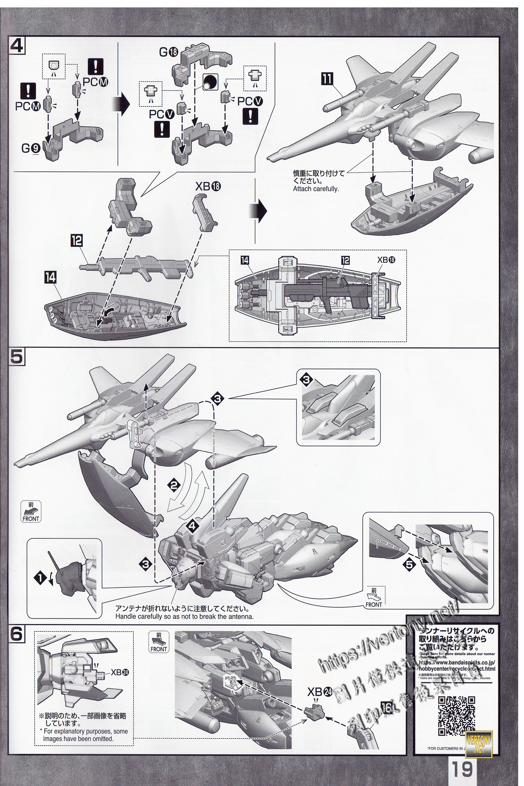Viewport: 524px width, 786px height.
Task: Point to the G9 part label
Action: coord(31,148)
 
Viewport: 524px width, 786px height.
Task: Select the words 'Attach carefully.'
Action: coord(316,189)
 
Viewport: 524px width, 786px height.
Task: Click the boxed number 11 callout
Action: coord(327,79)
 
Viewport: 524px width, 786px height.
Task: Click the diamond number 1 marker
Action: coord(40,578)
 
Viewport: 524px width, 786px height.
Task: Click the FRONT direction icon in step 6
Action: coord(159,642)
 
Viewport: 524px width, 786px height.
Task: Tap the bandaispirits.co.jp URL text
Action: coord(457,666)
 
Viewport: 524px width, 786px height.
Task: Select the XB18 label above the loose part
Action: coord(208,186)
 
